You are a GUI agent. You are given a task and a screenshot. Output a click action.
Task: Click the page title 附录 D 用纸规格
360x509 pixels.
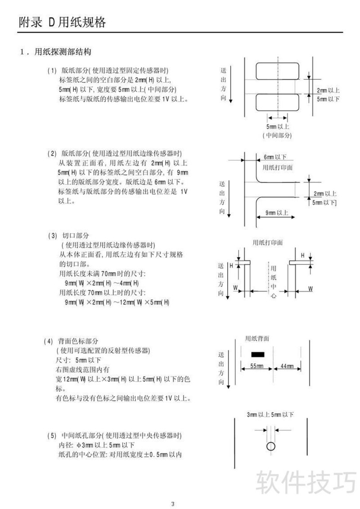tap(63, 22)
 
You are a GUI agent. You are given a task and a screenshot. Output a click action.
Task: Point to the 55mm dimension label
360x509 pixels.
tap(257, 366)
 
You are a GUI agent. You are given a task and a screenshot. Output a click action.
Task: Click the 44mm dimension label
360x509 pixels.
tap(287, 366)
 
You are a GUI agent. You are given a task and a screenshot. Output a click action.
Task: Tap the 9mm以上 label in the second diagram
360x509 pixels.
tap(277, 213)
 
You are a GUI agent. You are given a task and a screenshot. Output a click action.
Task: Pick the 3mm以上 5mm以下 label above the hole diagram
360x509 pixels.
tap(270, 414)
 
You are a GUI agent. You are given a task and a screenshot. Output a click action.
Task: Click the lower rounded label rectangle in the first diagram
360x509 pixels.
tap(278, 102)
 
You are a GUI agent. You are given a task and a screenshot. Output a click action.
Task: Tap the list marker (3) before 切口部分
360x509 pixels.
tap(52, 236)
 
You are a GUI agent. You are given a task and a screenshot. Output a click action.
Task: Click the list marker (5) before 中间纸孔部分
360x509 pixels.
tap(52, 435)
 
